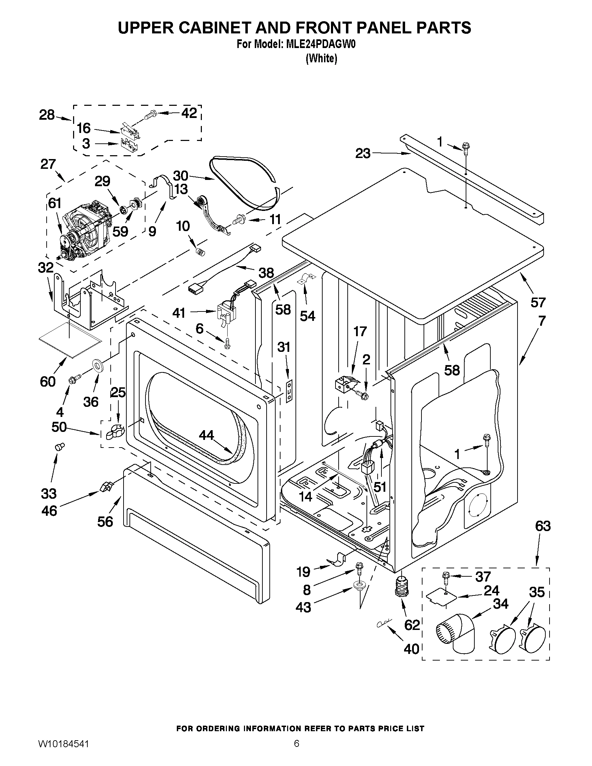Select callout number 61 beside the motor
point(54,203)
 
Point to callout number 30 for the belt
point(181,175)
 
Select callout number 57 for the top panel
point(538,302)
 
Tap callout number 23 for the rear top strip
point(363,153)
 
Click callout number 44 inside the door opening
point(206,435)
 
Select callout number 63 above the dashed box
point(543,526)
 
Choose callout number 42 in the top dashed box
point(189,113)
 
